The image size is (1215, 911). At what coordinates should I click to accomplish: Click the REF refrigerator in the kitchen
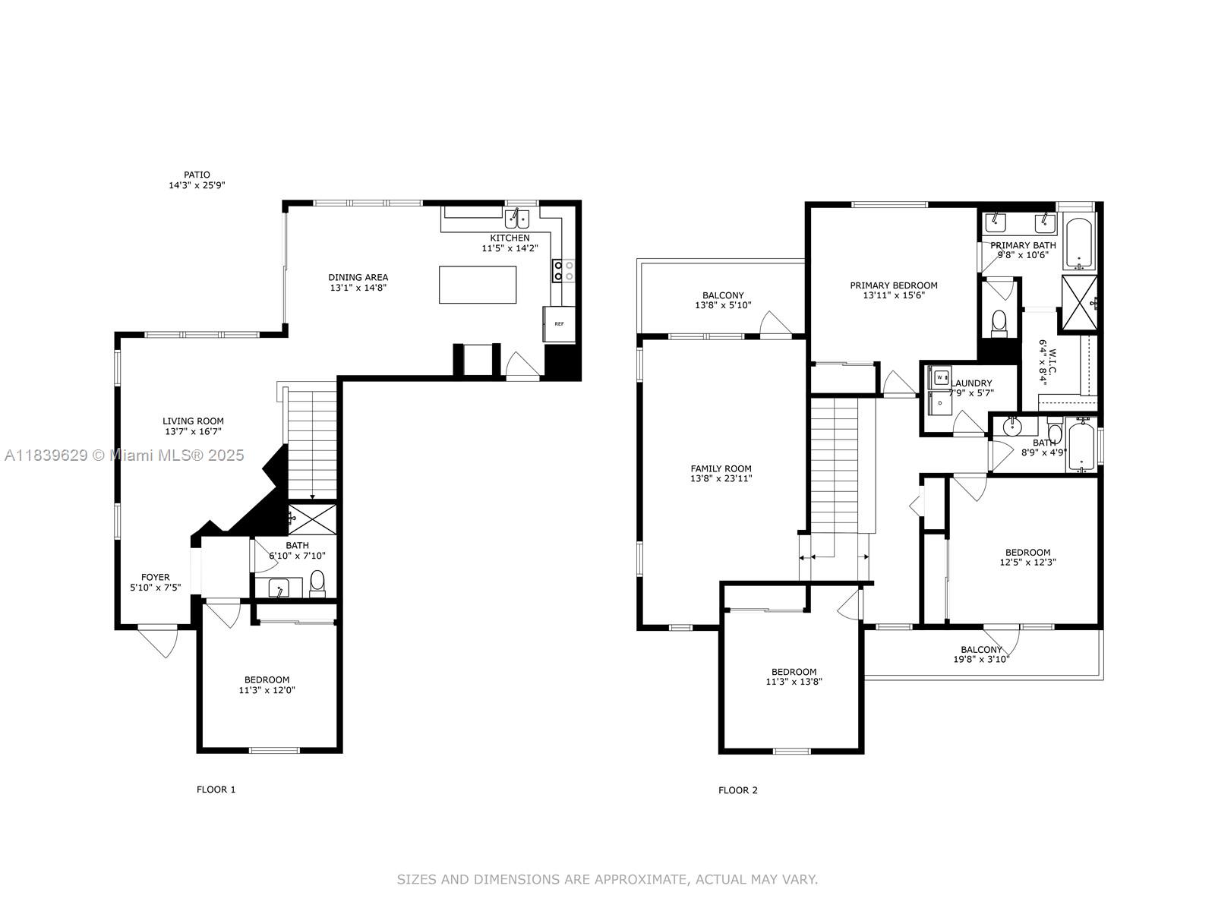(x=558, y=323)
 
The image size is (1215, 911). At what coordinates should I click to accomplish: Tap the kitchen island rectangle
(x=478, y=285)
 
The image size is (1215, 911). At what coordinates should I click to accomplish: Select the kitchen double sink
(x=516, y=219)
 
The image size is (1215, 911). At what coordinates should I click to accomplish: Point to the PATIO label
(x=197, y=175)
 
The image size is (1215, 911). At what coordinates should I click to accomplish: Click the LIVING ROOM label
(x=193, y=421)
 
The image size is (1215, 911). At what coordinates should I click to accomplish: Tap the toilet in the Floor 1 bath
(x=317, y=584)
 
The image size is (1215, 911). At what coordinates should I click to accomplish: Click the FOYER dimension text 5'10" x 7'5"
(x=156, y=588)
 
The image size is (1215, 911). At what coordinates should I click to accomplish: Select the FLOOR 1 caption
(x=216, y=790)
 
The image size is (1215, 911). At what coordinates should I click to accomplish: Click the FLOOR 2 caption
(x=738, y=790)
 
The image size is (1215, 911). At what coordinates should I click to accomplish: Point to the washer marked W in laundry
(x=939, y=377)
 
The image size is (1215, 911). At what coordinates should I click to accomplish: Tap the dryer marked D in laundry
(x=939, y=402)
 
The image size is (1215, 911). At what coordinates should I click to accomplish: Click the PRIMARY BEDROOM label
(x=894, y=285)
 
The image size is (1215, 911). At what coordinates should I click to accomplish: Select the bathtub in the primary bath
(x=1079, y=243)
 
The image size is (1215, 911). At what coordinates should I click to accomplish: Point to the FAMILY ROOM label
(x=721, y=468)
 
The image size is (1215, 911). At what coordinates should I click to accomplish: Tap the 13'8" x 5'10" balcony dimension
(x=723, y=304)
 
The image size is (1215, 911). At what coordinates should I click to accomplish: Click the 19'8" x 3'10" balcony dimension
(x=981, y=659)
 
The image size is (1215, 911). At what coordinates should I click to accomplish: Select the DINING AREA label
(x=358, y=277)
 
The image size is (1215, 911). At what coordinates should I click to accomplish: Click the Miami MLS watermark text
(x=124, y=455)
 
